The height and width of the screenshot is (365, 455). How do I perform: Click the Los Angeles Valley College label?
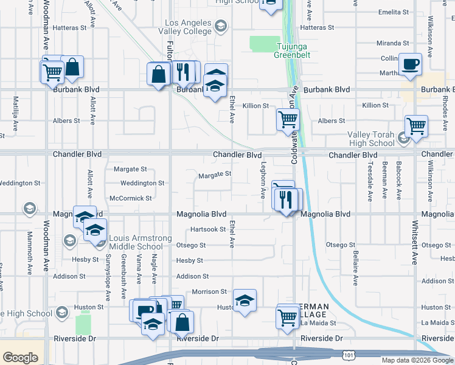click(186, 27)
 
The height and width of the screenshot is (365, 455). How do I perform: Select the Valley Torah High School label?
click(371, 139)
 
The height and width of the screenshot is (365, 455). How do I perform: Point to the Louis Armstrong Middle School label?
click(136, 242)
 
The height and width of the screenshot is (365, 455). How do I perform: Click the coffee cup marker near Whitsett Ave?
click(411, 64)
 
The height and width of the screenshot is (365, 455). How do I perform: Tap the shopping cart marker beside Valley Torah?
click(416, 127)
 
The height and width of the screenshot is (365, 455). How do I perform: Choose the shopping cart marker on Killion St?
click(287, 119)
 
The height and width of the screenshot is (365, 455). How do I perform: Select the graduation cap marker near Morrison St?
click(245, 301)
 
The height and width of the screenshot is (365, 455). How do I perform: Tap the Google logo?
click(20, 357)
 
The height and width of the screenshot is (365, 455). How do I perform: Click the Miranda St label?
click(393, 43)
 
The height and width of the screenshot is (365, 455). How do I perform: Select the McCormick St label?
click(131, 198)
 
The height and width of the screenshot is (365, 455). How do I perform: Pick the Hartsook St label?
click(208, 229)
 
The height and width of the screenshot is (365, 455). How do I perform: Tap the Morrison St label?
click(209, 292)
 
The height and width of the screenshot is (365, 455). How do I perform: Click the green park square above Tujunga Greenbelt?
click(262, 44)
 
